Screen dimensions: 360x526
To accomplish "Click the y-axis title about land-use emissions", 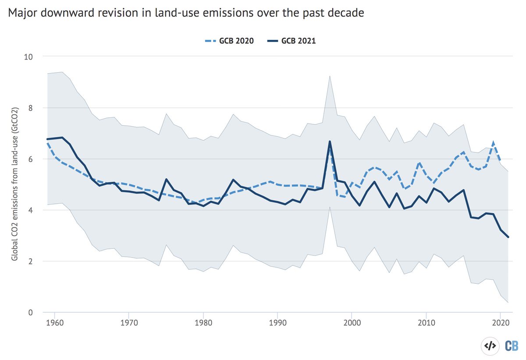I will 14,184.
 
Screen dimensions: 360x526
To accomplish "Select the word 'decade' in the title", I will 348,14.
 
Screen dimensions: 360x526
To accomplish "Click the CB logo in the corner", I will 511,346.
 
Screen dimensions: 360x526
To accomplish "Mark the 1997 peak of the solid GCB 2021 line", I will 329,141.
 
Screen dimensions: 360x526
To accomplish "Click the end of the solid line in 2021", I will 508,237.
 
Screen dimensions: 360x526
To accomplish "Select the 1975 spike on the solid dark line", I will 166,179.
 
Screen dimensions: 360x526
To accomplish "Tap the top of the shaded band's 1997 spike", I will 329,76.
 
